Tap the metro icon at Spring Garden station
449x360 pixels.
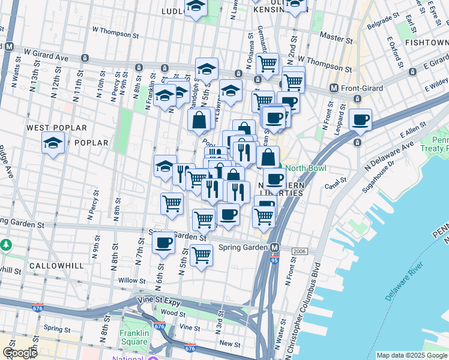[x=275, y=248]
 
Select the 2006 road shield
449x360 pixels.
[x=300, y=251]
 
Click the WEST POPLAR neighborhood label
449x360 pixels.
[x=56, y=128]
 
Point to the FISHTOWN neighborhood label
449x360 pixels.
[x=426, y=43]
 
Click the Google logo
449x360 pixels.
[x=20, y=353]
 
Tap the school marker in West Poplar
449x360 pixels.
[x=53, y=143]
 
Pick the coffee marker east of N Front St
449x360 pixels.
[x=361, y=119]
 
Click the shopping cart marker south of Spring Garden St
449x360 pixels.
[x=201, y=254]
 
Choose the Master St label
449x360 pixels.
[x=336, y=37]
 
